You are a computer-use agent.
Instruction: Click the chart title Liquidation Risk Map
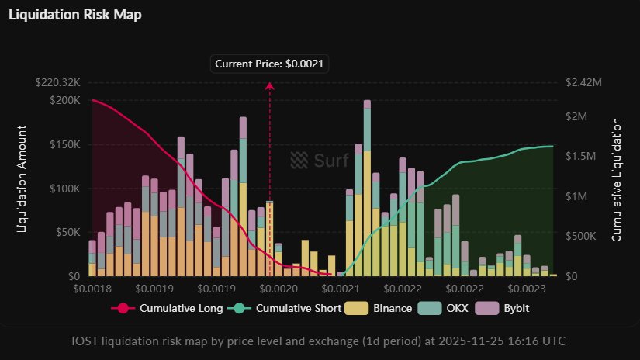pyautogui.click(x=75, y=15)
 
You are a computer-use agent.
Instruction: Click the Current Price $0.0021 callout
pyautogui.click(x=270, y=64)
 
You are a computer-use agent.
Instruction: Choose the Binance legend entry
pyautogui.click(x=385, y=308)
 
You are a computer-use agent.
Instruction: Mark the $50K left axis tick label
pyautogui.click(x=66, y=232)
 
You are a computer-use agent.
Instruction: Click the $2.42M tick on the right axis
pyautogui.click(x=584, y=82)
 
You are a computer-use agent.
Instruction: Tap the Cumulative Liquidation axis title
pyautogui.click(x=618, y=180)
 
